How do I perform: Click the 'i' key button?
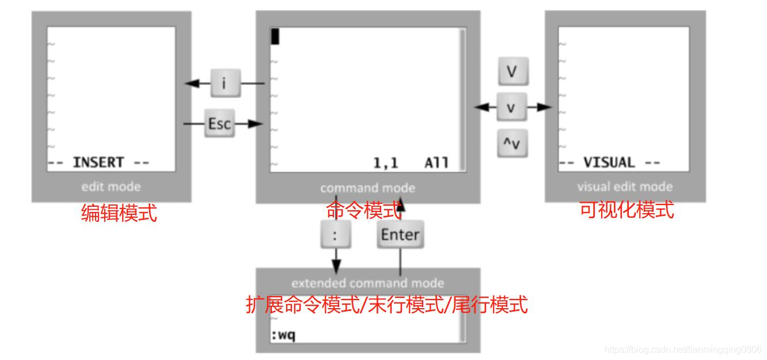pos(223,83)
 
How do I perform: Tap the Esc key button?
pos(219,124)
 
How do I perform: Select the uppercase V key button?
pos(512,71)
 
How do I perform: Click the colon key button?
pos(335,234)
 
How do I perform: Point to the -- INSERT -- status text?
pos(98,163)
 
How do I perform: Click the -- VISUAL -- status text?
pos(610,163)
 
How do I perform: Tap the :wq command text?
pos(283,335)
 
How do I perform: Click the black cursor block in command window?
pos(275,37)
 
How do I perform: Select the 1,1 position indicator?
pos(386,163)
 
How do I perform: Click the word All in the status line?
pos(436,163)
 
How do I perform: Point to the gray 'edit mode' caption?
pos(111,187)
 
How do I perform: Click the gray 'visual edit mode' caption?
pos(625,187)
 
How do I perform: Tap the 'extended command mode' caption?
pos(368,283)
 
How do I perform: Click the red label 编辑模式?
pos(119,214)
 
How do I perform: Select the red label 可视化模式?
pos(626,210)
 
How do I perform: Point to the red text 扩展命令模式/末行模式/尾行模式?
pos(386,304)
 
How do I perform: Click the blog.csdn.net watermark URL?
pos(684,349)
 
